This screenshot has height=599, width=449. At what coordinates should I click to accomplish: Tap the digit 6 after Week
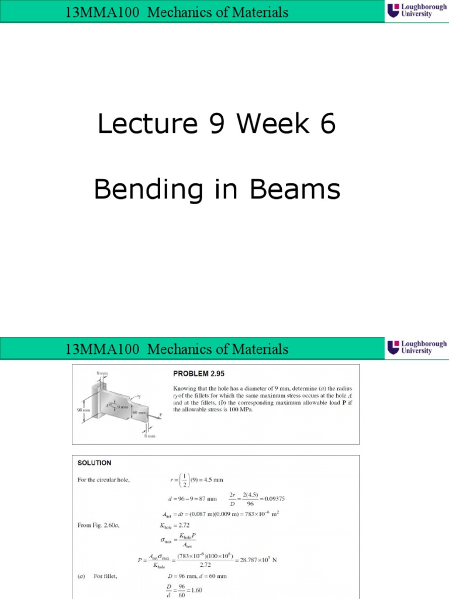(x=328, y=124)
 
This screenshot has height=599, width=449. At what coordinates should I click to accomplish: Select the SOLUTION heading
(x=94, y=462)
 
